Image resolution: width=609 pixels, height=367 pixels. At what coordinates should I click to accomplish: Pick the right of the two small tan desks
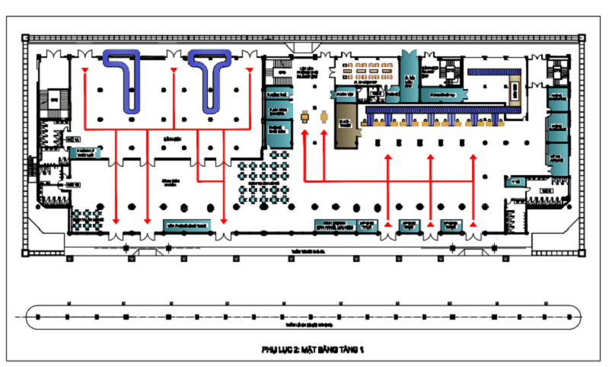pyautogui.click(x=324, y=116)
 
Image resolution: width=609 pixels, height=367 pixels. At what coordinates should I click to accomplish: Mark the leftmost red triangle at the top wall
pyautogui.click(x=84, y=71)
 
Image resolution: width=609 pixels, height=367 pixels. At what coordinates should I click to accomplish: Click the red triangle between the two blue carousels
pyautogui.click(x=174, y=71)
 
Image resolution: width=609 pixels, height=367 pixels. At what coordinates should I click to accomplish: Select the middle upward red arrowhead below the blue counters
pyautogui.click(x=431, y=158)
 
